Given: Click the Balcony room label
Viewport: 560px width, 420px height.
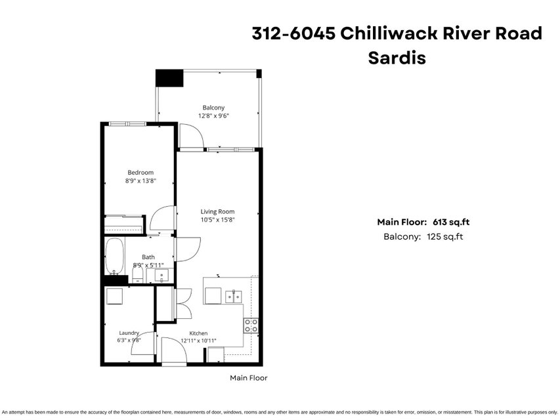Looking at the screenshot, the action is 213,108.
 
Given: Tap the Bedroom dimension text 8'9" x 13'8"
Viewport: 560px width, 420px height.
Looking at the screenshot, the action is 140,180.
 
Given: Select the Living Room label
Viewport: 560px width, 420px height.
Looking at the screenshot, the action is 217,211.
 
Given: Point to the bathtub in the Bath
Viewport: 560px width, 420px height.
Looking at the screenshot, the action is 114,257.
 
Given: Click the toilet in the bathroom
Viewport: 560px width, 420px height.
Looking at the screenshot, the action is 137,275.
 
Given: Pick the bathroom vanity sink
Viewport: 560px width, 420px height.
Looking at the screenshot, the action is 162,276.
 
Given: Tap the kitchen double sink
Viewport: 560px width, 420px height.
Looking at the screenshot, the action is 234,297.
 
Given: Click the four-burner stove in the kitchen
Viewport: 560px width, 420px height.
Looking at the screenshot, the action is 251,325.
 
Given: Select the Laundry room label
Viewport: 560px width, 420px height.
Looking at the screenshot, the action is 129,333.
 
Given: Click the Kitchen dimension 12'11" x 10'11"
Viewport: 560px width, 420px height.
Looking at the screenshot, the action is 198,341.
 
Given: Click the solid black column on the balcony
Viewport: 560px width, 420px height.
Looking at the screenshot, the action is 169,78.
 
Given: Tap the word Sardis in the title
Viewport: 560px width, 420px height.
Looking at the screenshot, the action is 397,58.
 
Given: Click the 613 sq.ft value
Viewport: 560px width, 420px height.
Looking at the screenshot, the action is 451,222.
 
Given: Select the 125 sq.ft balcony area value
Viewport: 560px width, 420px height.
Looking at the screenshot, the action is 444,236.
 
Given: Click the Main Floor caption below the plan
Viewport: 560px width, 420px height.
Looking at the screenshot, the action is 249,378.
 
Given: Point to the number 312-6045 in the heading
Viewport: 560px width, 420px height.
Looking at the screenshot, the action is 294,33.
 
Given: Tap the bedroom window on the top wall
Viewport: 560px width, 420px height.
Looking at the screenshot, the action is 127,123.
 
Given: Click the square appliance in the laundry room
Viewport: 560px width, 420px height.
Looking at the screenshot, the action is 114,296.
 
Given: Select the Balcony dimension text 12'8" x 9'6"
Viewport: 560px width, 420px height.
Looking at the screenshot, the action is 213,115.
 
